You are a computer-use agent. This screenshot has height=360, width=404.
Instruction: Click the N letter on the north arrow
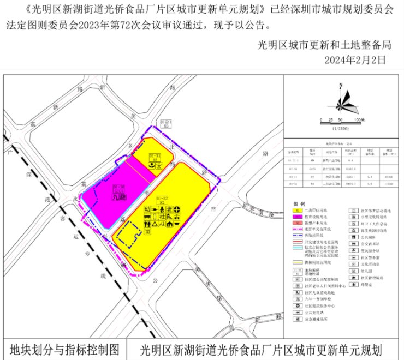click(x=340, y=85)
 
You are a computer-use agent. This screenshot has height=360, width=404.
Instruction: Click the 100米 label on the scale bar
click(x=359, y=119)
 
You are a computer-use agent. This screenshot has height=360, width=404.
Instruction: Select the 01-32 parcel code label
click(x=162, y=197)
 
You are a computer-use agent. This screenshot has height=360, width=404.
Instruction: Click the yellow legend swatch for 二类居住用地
click(x=297, y=209)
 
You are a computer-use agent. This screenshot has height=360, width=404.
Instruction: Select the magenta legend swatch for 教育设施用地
click(x=297, y=217)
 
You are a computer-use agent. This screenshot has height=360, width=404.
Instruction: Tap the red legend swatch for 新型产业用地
click(x=297, y=223)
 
